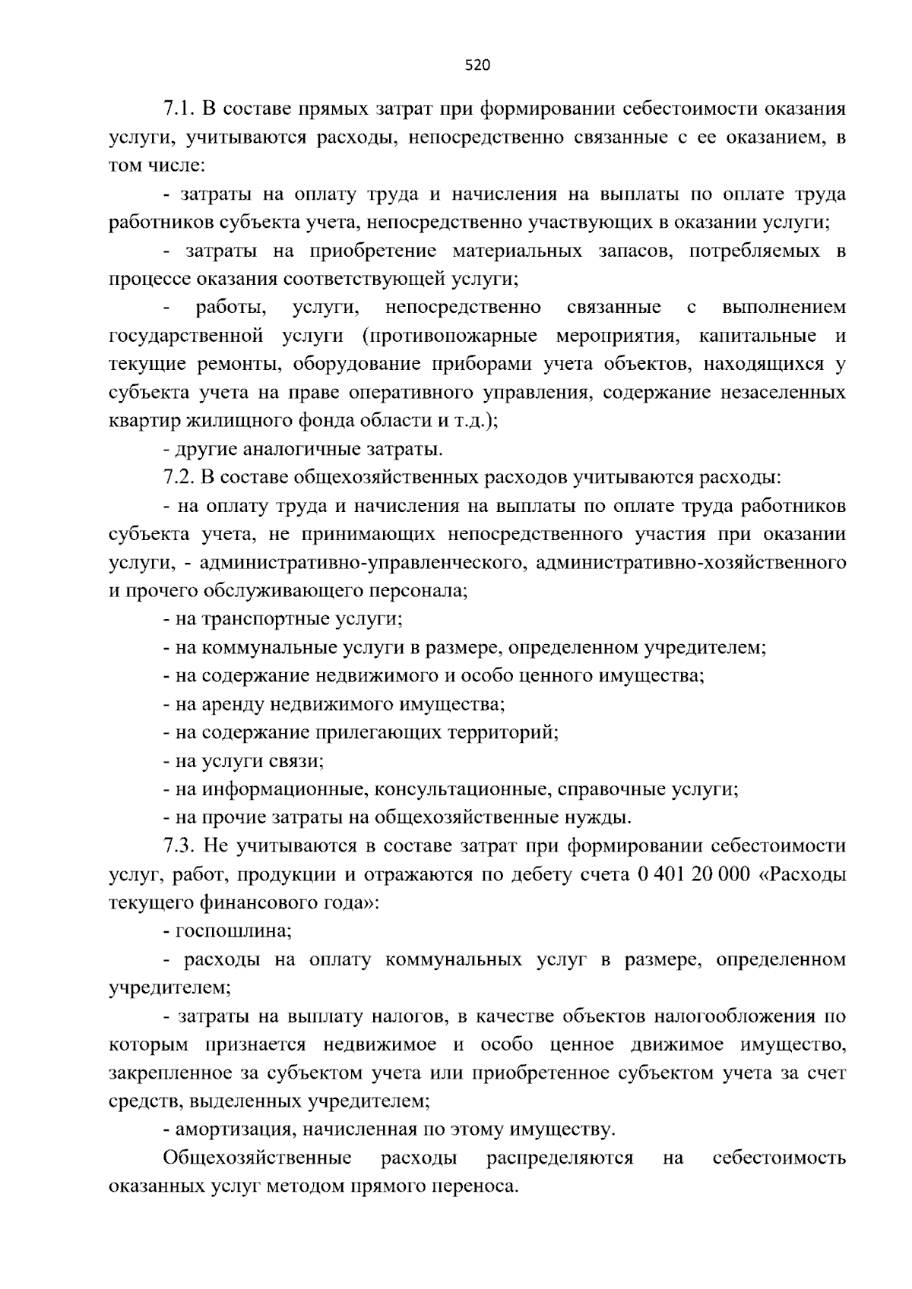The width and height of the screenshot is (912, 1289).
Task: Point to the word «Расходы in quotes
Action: point(803,874)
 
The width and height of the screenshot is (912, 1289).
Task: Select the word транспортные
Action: point(266,618)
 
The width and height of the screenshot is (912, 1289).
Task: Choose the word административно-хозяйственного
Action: point(690,562)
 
